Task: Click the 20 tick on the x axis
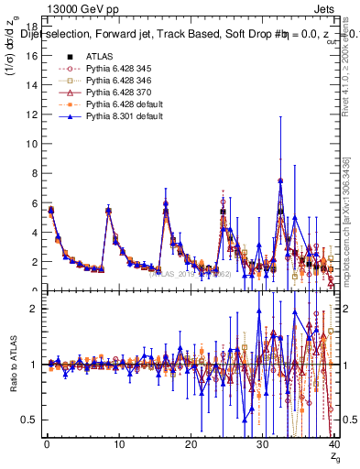[191, 446]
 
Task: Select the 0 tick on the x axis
[46, 446]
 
